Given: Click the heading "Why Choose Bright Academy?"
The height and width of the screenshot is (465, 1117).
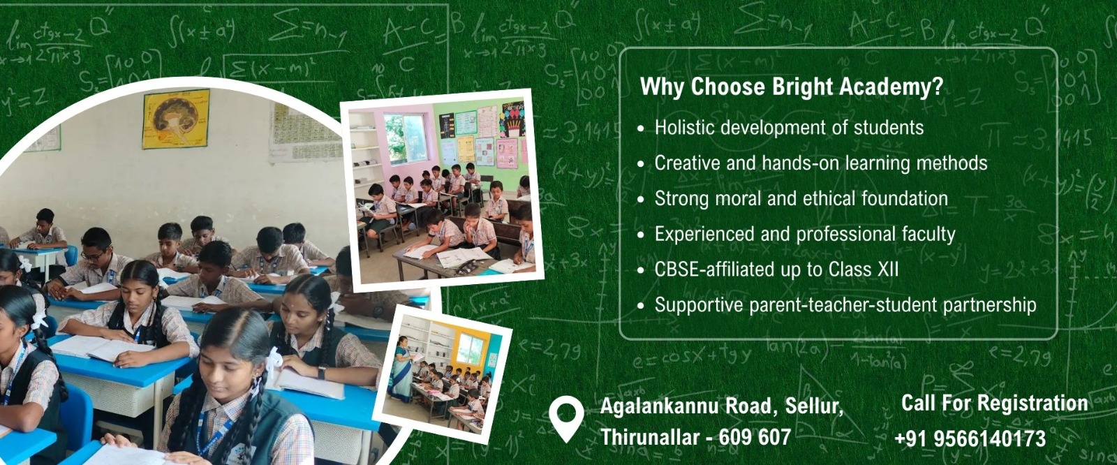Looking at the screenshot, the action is [792, 87].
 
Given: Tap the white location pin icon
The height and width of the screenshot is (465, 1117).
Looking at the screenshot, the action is [566, 419].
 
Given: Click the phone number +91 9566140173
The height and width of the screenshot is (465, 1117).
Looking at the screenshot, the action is [970, 438].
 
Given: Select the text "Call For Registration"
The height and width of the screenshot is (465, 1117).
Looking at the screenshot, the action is [994, 403].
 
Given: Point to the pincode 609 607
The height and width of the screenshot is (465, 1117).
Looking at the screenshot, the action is [755, 437].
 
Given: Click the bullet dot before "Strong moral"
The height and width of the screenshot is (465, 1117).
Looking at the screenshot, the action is [641, 200].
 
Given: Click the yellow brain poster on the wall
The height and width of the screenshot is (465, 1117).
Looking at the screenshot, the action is [176, 119].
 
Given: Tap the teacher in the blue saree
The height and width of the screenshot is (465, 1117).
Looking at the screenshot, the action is [401, 369].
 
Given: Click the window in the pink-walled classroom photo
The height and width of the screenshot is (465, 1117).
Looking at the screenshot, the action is [406, 138].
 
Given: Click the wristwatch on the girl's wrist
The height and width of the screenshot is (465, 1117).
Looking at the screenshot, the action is [322, 372].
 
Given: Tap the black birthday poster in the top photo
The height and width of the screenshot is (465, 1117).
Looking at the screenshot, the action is [513, 119].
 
